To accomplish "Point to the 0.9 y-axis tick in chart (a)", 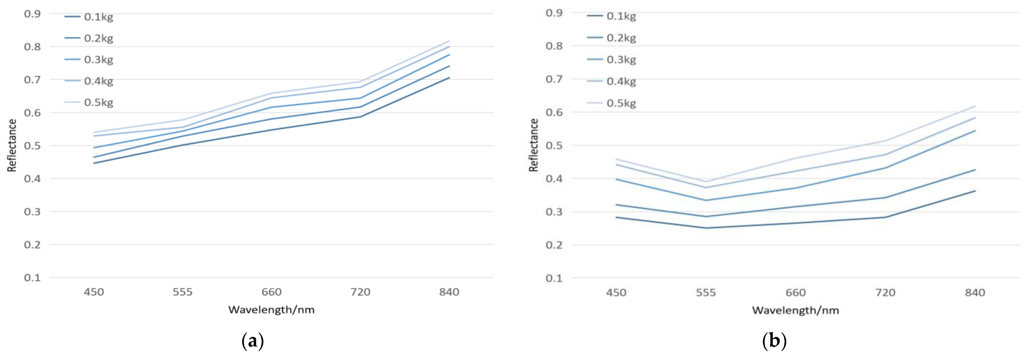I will coord(32,14).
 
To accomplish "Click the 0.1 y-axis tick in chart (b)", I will coord(554,278).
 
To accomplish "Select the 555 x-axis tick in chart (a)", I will coord(183,292).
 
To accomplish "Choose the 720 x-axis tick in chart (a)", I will coord(360,292).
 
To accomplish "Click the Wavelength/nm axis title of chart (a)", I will coord(272,310).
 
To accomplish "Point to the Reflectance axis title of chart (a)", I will coord(12,146).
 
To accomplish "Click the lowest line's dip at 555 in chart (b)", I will coord(706,228).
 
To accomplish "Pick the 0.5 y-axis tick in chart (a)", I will coord(32,146).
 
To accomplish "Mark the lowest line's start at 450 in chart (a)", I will coord(94,163).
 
